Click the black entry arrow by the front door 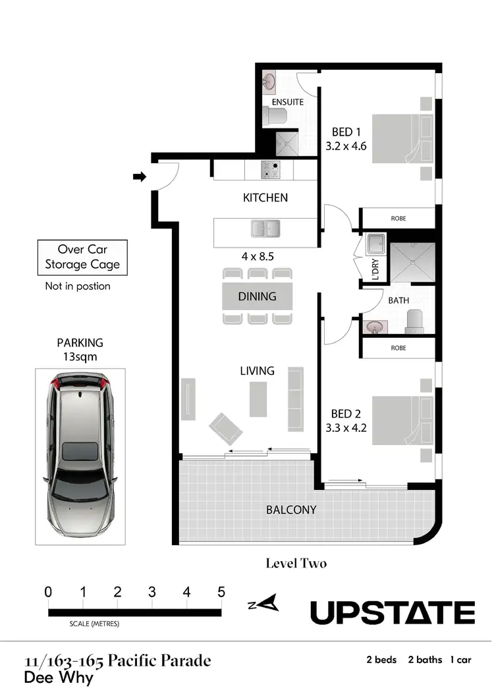coord(139,176)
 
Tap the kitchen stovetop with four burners coord(269,171)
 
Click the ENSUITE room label coord(287,102)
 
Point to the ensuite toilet coord(275,117)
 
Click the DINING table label coord(257,296)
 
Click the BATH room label coord(398,300)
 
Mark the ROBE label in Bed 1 coord(398,218)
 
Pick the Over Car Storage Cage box coord(82,257)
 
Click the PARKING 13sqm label coord(80,349)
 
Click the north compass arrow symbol coord(269,603)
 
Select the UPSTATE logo coord(392,612)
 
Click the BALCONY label coord(291,510)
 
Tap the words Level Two coord(296,564)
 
